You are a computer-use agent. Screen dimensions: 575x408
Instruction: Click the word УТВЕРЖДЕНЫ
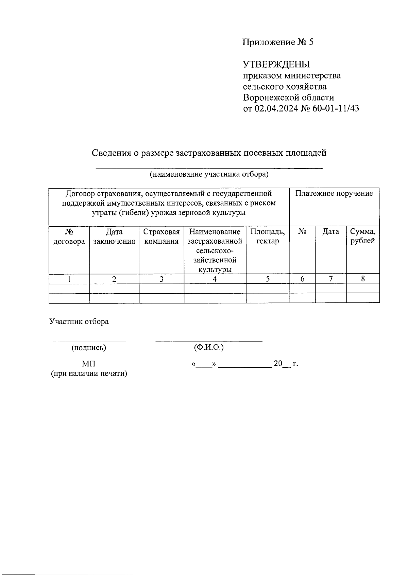[276, 64]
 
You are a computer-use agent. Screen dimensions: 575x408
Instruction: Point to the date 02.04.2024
[275, 108]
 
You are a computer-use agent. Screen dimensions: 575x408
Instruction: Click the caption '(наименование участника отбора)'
[209, 174]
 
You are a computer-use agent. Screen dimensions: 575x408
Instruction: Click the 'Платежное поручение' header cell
[334, 194]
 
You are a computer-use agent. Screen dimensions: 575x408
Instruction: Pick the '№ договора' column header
[69, 237]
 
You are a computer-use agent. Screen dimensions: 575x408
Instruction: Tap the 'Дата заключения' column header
[114, 237]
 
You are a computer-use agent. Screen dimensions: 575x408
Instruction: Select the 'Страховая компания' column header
[161, 237]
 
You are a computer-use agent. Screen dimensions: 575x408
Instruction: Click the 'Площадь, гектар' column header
[268, 237]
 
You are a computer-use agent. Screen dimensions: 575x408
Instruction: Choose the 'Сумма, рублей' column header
[363, 237]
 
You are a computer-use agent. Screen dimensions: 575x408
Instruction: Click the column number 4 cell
[215, 279]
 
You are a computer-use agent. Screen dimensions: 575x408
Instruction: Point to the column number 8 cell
[363, 279]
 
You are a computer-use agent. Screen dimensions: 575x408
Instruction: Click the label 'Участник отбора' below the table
[79, 321]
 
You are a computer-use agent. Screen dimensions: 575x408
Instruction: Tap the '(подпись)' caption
[89, 348]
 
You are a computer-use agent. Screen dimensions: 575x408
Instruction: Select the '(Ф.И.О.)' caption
[209, 348]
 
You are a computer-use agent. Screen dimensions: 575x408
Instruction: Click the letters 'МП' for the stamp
[89, 364]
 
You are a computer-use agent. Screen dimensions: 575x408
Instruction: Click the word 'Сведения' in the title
[111, 153]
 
